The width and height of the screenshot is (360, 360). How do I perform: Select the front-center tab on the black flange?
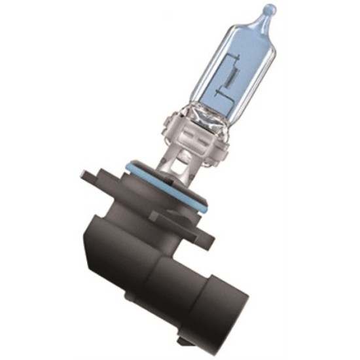[164, 216]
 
